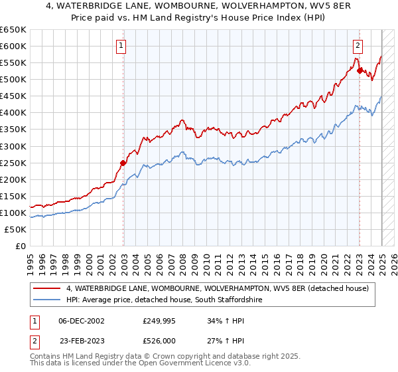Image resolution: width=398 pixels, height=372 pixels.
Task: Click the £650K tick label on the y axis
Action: pos(13,30)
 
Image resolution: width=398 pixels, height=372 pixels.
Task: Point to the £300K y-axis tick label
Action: pos(13,146)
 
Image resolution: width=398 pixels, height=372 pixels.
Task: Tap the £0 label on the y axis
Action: pos(21,246)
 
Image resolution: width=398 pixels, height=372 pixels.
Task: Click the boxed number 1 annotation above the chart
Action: pos(122,46)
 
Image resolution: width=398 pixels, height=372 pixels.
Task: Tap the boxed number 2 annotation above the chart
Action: pos(358,46)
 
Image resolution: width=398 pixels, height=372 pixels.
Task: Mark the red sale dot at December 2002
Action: pos(123,163)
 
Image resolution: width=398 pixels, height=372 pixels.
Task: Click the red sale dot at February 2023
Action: pos(360,70)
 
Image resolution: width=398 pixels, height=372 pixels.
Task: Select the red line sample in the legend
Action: pos(48,288)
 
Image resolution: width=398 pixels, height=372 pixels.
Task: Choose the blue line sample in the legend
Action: pos(48,300)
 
